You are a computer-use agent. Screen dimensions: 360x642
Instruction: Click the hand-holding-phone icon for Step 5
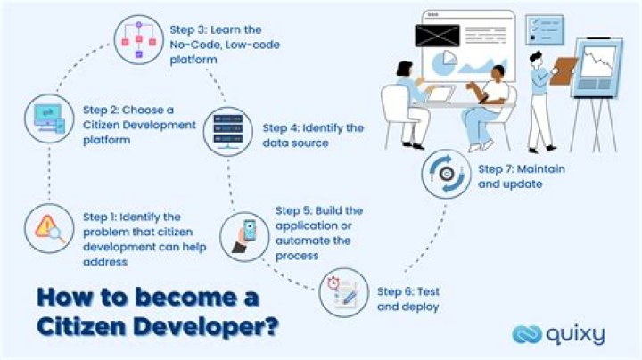click(244, 236)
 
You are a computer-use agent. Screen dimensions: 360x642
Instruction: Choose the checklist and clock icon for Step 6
click(343, 293)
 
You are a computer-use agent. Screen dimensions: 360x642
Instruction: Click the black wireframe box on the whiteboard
click(437, 37)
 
